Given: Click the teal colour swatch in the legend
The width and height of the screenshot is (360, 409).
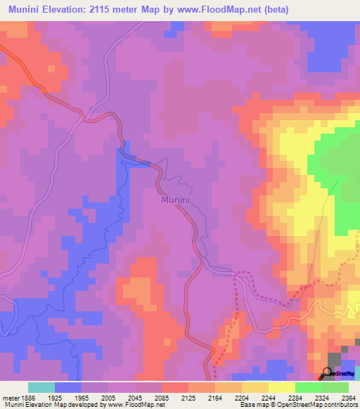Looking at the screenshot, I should point(41,387).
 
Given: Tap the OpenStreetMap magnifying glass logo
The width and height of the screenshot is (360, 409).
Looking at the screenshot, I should point(326,374).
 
